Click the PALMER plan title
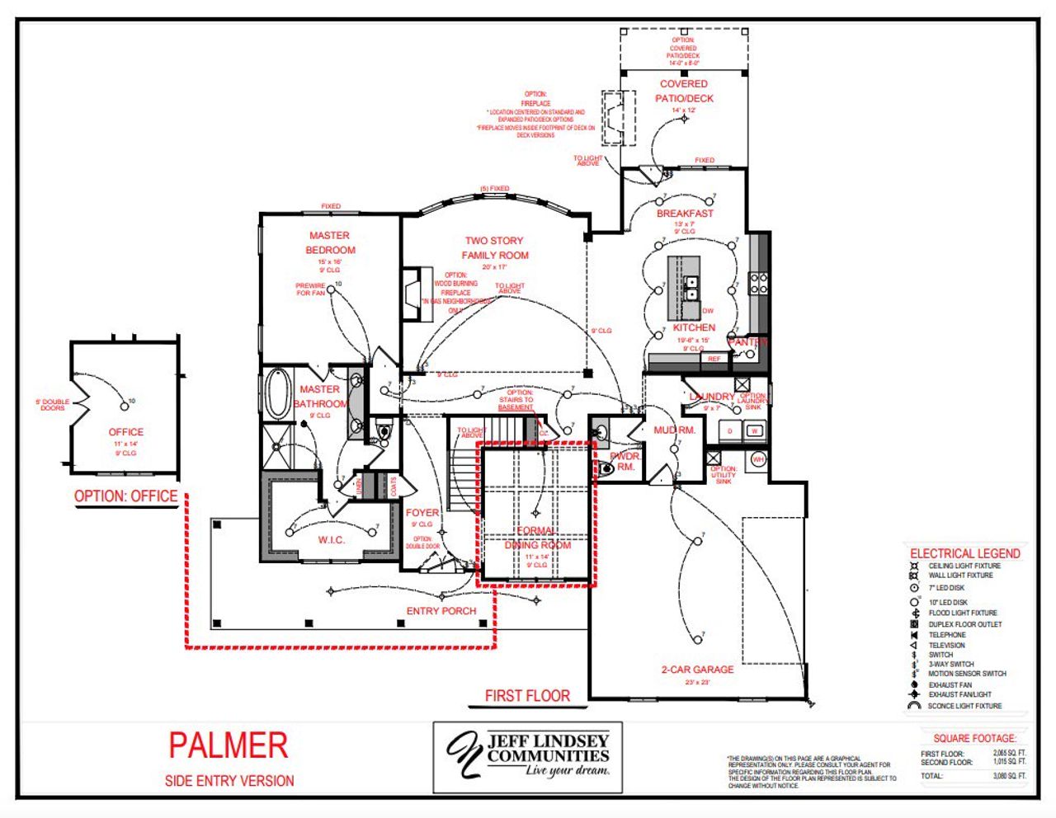point(229,745)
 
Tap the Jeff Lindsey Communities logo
point(528,756)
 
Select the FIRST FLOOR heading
point(527,696)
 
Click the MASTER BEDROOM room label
point(330,242)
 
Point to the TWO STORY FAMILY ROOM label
point(494,247)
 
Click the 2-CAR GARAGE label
point(697,670)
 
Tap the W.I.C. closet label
point(332,540)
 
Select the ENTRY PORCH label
point(441,611)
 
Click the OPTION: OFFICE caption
point(125,496)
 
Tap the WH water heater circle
point(758,459)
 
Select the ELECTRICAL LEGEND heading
point(964,553)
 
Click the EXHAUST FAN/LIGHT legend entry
point(959,694)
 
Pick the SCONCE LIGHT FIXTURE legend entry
point(964,706)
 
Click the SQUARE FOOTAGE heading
point(974,738)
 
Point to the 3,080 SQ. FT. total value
point(1009,776)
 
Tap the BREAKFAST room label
point(685,214)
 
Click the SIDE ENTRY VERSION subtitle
point(229,781)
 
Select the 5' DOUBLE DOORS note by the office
point(52,405)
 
